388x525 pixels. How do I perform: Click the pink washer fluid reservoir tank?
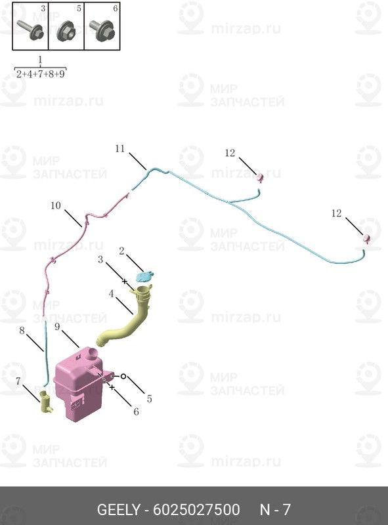79,385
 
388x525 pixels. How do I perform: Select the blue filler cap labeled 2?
144,276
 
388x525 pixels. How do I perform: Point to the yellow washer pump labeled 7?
45,402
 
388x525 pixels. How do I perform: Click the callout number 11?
120,148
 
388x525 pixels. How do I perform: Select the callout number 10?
56,205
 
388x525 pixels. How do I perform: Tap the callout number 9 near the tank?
57,326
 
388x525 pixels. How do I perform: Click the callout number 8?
22,331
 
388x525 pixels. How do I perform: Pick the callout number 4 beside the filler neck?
111,293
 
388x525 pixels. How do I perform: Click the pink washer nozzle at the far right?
366,238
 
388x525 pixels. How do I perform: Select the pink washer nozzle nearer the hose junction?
260,178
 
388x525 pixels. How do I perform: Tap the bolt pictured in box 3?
30,30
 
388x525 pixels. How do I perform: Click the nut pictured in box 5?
66,31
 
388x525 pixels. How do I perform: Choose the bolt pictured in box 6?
102,30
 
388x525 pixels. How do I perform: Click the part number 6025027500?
196,510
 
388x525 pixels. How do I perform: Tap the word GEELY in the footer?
118,510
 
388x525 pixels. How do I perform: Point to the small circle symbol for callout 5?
123,376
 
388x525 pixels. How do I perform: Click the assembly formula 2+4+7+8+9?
40,73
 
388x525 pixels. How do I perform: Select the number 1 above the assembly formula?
40,60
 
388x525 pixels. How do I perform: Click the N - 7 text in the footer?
275,510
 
